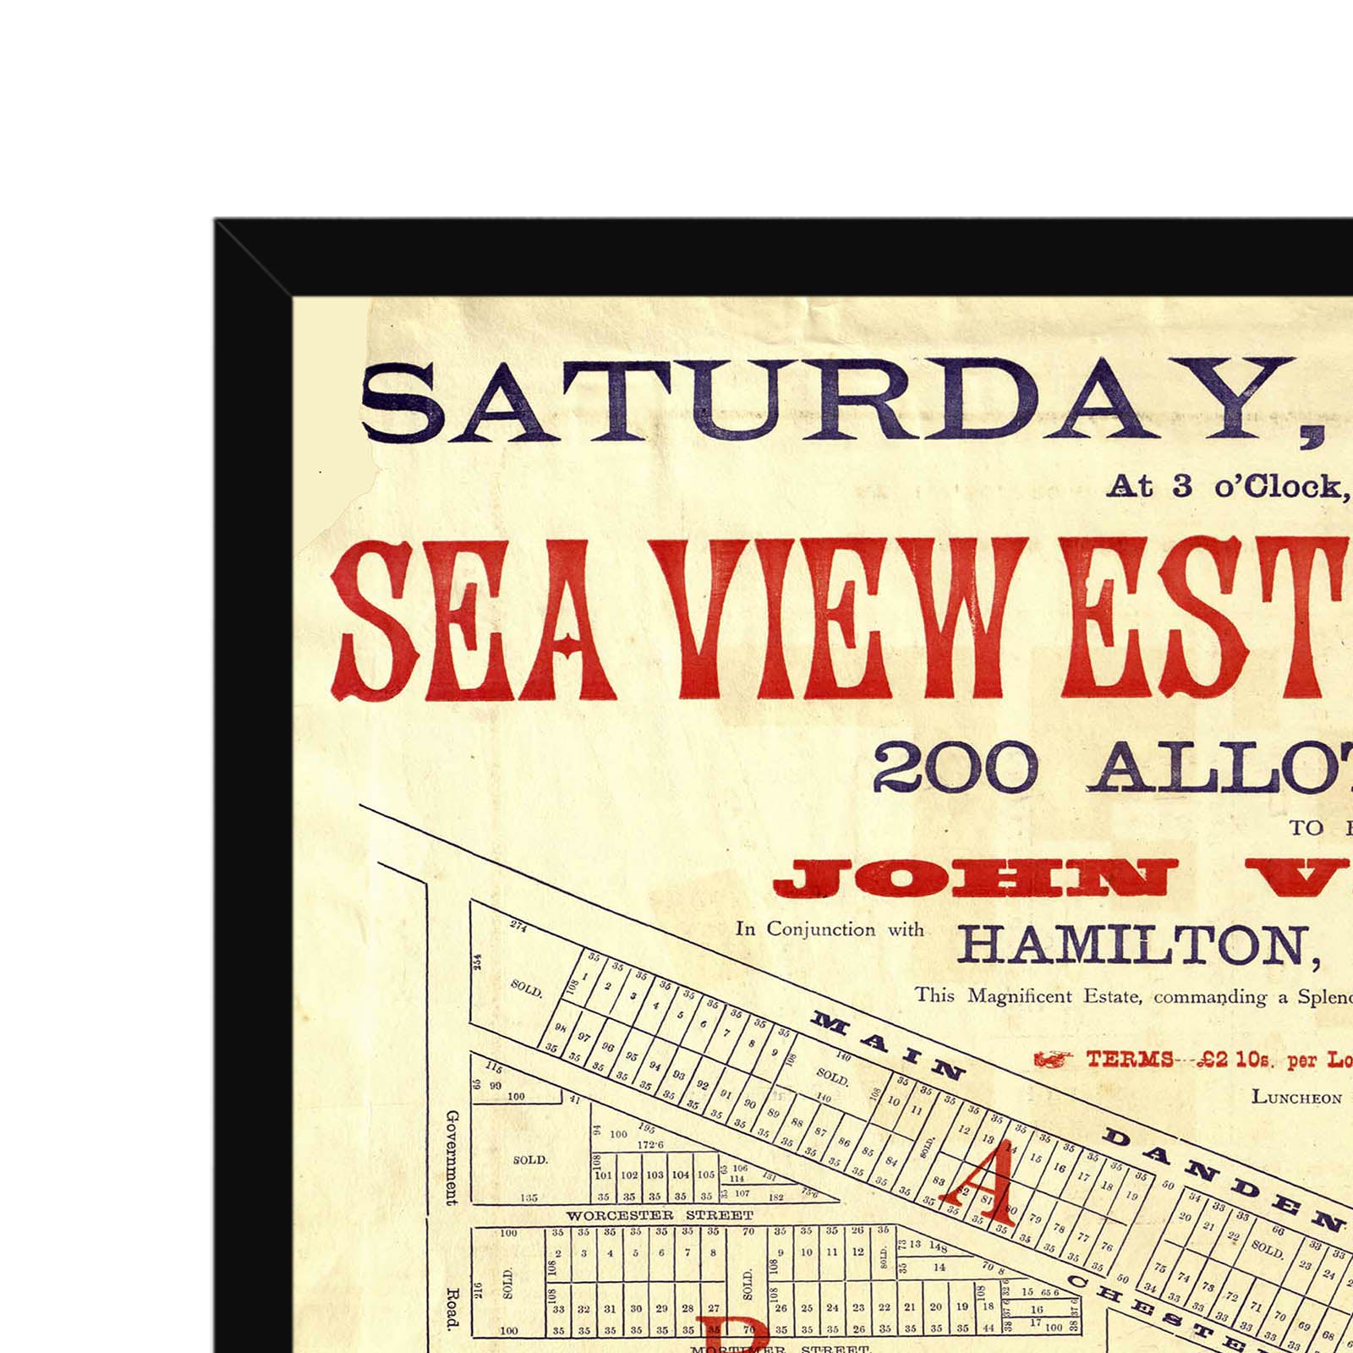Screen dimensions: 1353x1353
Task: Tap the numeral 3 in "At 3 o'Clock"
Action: tap(1182, 485)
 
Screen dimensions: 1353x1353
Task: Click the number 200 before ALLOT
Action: tap(955, 768)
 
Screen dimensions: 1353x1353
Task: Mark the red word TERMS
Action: tap(1130, 1060)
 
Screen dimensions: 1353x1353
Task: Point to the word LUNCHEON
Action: tap(1296, 1098)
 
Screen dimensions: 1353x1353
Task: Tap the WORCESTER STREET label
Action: tap(660, 1215)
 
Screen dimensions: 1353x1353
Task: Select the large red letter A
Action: tap(981, 1180)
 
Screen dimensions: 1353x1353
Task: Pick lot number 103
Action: tap(655, 1175)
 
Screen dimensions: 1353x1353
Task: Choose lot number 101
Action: tap(603, 1175)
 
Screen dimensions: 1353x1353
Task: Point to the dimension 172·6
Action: tap(649, 1144)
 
